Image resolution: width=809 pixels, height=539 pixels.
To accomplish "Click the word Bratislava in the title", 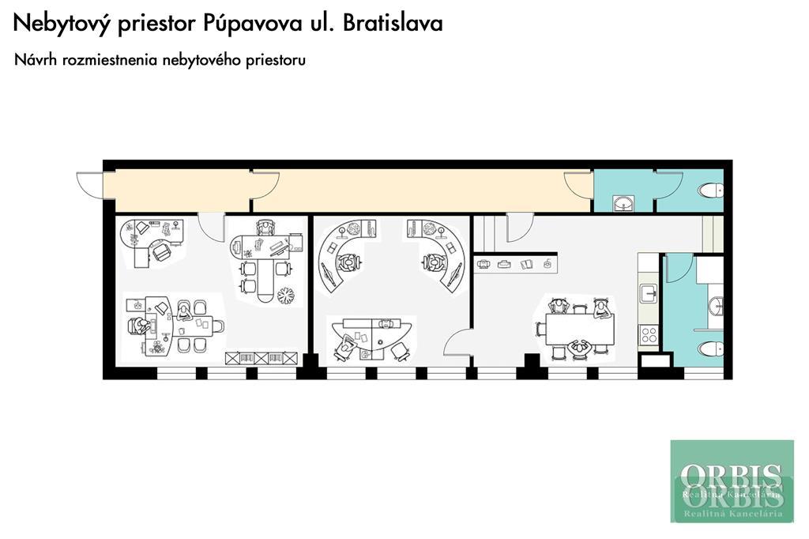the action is coord(392,24).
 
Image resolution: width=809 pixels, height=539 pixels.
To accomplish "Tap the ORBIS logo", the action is coord(732,481).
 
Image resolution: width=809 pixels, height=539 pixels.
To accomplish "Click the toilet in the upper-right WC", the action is coord(712,191).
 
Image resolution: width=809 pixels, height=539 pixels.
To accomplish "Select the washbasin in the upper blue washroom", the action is coord(624,203).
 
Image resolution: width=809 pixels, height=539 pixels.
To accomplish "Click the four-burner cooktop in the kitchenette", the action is coord(649,335).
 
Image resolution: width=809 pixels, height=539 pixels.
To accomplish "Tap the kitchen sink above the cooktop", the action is coord(649,294).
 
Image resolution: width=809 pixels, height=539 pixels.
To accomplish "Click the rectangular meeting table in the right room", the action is coord(580,328).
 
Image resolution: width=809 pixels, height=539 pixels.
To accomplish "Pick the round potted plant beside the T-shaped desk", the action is coord(285,296).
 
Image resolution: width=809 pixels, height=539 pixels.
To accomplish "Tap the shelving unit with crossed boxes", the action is coord(262,358).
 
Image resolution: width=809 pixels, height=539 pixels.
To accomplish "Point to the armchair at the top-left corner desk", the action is coord(161,252).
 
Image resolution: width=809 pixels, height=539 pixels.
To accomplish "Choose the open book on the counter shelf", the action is coord(526,264).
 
